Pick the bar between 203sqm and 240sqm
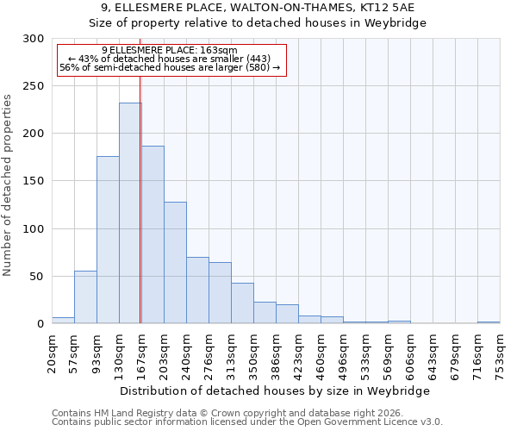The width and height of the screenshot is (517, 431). [x=175, y=262]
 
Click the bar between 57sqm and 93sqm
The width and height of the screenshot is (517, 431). [x=85, y=297]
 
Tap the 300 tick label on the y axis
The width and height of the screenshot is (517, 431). [x=34, y=39]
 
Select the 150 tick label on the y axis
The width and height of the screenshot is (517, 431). [x=34, y=182]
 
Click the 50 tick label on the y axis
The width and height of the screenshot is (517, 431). [x=37, y=277]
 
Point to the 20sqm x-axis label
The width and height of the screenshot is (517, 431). [x=53, y=353]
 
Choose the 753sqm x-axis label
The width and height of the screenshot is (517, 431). [x=501, y=353]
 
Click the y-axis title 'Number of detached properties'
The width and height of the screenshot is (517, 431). [x=8, y=185]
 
